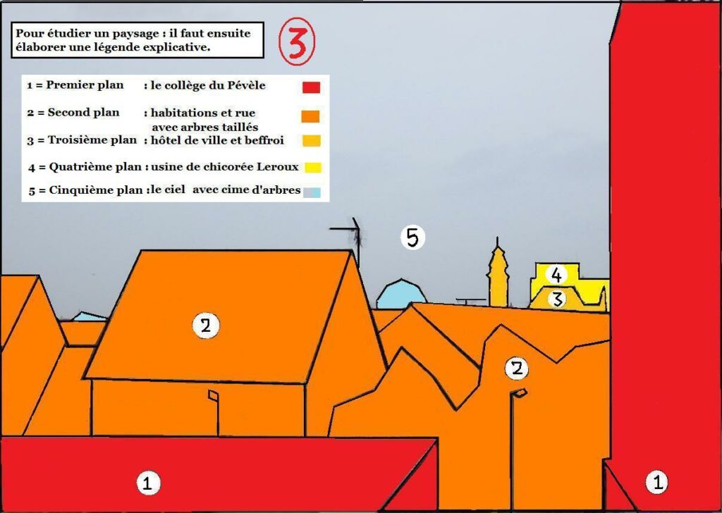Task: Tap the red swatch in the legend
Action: (311, 87)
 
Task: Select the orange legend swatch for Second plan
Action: (311, 116)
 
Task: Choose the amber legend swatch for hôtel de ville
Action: (311, 141)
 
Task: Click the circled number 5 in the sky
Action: (412, 237)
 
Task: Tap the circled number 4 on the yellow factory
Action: (556, 275)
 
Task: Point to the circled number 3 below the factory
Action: (557, 299)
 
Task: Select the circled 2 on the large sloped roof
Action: (205, 325)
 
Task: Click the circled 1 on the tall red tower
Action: (657, 482)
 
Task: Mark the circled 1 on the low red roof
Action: (147, 483)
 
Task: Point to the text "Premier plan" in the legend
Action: (85, 85)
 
